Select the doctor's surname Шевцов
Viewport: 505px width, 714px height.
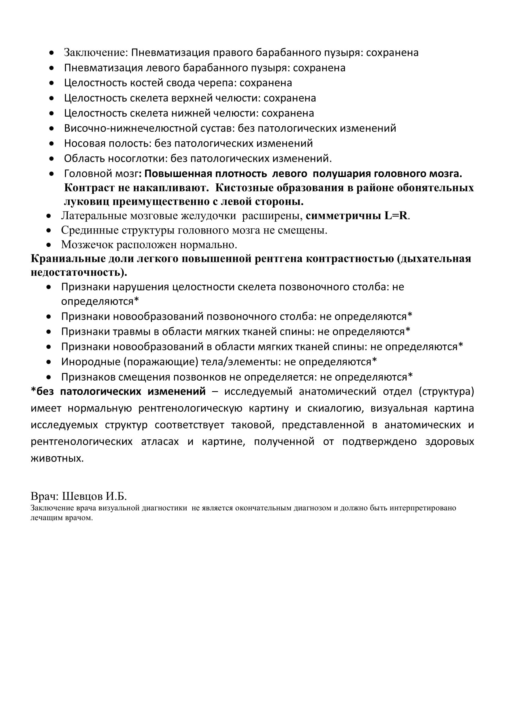pyautogui.click(x=82, y=496)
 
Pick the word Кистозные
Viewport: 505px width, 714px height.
pyautogui.click(x=243, y=188)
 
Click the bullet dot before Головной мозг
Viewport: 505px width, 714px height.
pyautogui.click(x=52, y=173)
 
